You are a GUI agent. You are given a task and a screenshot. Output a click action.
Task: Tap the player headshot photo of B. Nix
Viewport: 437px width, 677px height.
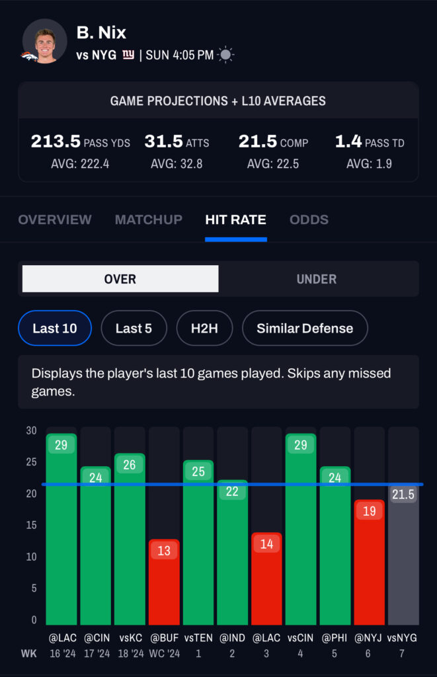coord(45,41)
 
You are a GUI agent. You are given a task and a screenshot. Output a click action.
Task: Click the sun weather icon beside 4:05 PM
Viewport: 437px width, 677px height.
coord(226,56)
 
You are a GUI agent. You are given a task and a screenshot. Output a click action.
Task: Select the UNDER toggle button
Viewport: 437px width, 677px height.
coord(317,279)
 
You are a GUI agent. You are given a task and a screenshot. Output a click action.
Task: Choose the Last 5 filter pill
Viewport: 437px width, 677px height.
coord(134,328)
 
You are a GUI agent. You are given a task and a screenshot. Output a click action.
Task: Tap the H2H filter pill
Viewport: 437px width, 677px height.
coord(204,328)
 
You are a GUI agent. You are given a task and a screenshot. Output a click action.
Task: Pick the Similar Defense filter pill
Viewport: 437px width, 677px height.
coord(305,328)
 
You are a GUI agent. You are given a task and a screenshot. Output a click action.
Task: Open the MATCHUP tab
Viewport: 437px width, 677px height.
coord(149,219)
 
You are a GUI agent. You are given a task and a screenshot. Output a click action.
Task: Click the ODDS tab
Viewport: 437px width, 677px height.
coord(309,219)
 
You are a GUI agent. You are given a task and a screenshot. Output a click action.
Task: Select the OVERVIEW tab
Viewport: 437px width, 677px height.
coord(55,219)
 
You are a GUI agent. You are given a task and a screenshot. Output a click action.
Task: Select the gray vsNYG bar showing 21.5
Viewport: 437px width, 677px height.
coord(403,562)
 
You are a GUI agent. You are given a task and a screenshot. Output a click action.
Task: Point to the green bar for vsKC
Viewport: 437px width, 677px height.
coord(130,542)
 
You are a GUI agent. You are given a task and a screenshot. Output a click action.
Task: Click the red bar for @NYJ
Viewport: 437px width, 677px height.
coord(369,565)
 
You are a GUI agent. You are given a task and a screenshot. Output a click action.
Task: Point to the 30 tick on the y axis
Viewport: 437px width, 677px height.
coord(31,430)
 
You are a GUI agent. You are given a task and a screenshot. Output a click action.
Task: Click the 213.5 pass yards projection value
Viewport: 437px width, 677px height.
coord(56,141)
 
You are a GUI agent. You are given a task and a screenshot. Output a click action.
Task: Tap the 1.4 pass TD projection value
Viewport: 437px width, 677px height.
coord(348,141)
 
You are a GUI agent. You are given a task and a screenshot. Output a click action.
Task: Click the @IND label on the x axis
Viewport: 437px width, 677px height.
coord(232,638)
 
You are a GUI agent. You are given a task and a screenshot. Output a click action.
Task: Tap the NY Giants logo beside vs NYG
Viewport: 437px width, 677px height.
coord(128,56)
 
